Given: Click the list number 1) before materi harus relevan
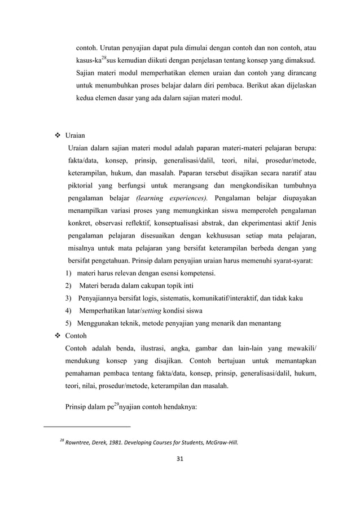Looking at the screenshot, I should click(x=68, y=274).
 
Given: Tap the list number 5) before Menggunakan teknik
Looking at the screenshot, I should click(x=68, y=323).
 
